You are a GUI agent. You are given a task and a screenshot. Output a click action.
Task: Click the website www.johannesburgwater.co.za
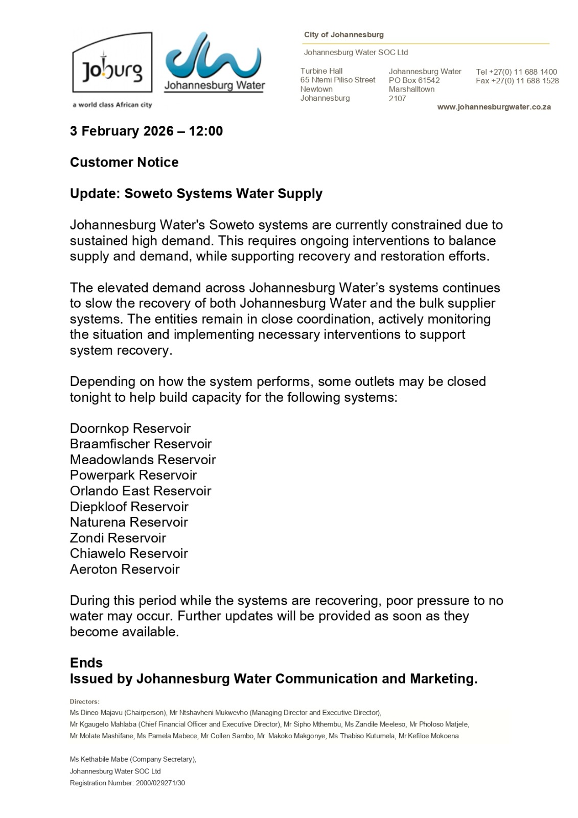pos(494,107)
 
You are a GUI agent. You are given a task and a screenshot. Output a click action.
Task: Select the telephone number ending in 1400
pos(516,72)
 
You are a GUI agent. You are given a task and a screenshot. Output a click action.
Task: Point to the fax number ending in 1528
pos(517,81)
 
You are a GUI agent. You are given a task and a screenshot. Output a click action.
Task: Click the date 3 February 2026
pos(122,131)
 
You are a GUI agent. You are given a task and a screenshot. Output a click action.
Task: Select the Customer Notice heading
pos(124,162)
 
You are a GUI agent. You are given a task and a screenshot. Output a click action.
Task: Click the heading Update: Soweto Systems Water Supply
pos(196,194)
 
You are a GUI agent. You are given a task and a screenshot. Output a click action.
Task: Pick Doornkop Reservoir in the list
pos(130,428)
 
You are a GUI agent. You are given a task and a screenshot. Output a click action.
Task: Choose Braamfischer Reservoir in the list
pos(141,444)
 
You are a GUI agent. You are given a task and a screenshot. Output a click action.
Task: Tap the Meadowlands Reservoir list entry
pos(143,460)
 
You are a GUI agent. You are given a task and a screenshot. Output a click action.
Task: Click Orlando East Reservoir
pos(141,491)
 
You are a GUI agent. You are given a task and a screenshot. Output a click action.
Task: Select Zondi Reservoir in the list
pos(118,538)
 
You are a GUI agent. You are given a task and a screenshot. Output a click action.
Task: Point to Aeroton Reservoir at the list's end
pos(125,569)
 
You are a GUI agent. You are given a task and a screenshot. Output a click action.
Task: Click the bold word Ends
pos(86,663)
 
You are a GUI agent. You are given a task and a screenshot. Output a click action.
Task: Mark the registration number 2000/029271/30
pos(160,783)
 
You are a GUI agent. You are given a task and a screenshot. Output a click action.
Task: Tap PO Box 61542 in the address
pos(414,80)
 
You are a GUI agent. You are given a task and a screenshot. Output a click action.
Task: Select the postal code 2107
pos(397,98)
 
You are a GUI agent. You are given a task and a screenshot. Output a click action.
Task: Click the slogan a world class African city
pos(112,105)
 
